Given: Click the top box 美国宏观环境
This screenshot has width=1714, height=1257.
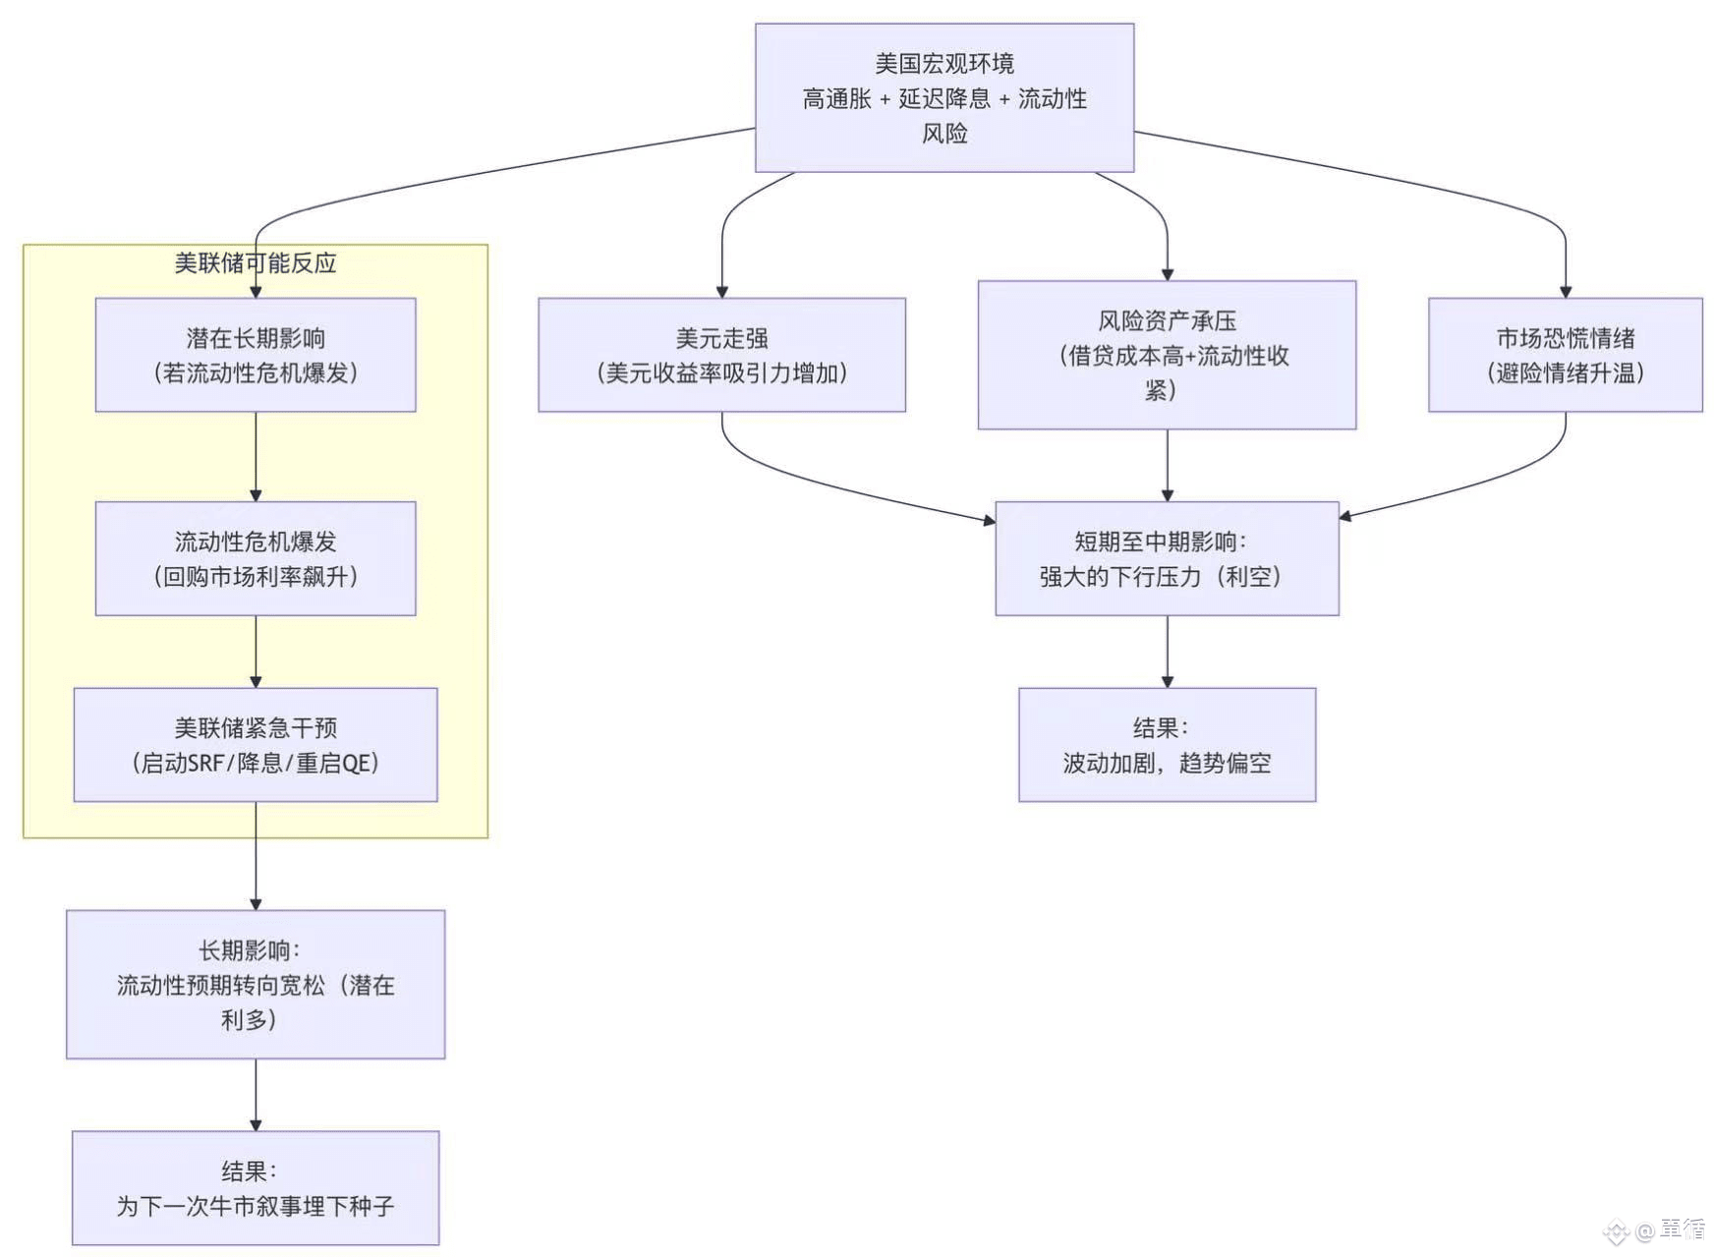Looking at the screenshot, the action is [944, 98].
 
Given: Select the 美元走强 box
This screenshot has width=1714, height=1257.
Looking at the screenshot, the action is [721, 355].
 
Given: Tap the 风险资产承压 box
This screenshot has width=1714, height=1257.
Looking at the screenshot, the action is [1167, 355].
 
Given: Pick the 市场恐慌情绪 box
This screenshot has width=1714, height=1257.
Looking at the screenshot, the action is [1565, 355].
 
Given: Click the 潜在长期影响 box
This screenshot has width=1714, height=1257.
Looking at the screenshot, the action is [256, 355].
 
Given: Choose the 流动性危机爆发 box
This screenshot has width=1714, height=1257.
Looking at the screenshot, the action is [256, 558].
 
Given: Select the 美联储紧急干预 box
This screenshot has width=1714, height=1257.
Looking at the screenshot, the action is [256, 745].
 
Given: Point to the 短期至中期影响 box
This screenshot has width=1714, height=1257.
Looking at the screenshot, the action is [1167, 558].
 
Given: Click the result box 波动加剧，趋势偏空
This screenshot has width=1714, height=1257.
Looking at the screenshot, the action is [1167, 745].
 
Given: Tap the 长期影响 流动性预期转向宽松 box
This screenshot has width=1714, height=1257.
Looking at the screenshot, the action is [256, 984].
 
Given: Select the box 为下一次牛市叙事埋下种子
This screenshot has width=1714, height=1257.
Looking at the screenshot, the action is [256, 1188].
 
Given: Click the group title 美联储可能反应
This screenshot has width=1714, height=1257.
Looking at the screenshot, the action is [256, 262].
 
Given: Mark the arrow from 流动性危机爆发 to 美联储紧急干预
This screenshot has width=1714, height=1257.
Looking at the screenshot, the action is [256, 652].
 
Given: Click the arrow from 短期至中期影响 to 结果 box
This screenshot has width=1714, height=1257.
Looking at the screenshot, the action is [1167, 652].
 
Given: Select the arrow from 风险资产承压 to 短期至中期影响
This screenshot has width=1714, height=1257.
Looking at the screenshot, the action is [1167, 466].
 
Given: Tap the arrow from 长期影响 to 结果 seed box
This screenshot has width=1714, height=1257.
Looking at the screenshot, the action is [256, 1095].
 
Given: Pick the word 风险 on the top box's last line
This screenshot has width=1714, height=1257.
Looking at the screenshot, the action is [944, 133].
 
